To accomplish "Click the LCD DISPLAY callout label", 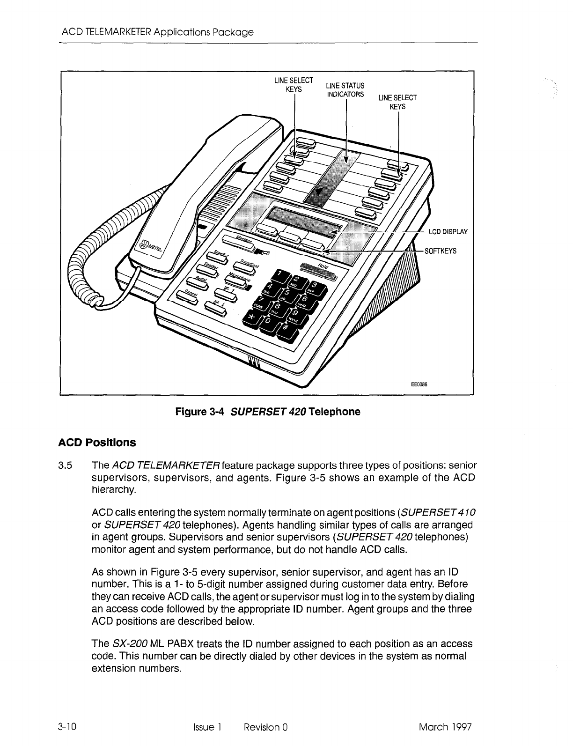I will coord(448,231).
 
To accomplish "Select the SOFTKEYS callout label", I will coord(440,251).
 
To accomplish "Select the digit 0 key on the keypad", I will coord(269,323).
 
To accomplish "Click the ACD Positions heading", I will coord(97,443).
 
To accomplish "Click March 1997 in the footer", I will coord(445,727).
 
